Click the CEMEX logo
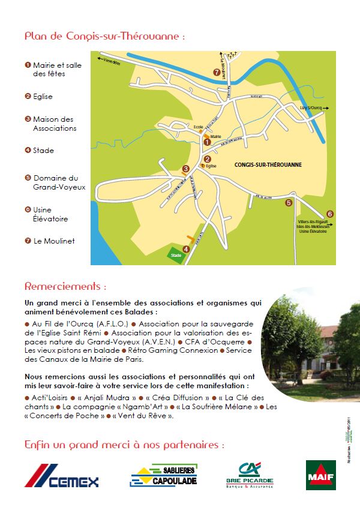pyautogui.click(x=61, y=476)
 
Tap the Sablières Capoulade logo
pyautogui.click(x=163, y=475)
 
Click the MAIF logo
pyautogui.click(x=320, y=475)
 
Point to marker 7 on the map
pyautogui.click(x=217, y=72)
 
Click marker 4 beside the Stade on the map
pyautogui.click(x=186, y=249)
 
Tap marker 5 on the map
pyautogui.click(x=289, y=203)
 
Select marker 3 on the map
pyautogui.click(x=186, y=169)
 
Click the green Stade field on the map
pyautogui.click(x=175, y=254)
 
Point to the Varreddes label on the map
pyautogui.click(x=112, y=62)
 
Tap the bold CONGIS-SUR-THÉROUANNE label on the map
pyautogui.click(x=268, y=164)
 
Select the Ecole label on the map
pyautogui.click(x=199, y=127)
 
